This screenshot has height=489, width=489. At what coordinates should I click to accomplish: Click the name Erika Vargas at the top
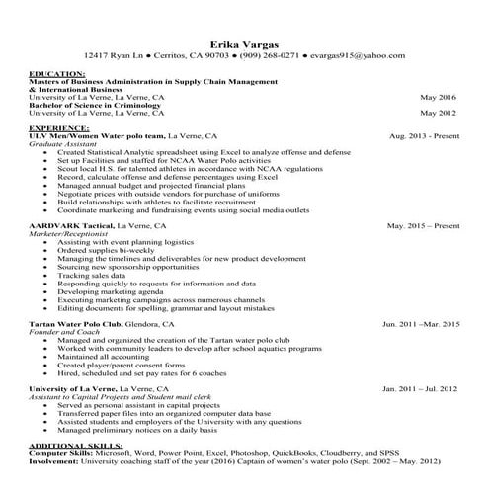point(244,43)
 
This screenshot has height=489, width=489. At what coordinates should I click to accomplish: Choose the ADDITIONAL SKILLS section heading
point(70,447)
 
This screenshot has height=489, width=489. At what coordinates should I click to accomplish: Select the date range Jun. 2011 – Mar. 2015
point(421,323)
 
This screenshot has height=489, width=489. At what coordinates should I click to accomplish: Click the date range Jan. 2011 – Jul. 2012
point(421,389)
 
